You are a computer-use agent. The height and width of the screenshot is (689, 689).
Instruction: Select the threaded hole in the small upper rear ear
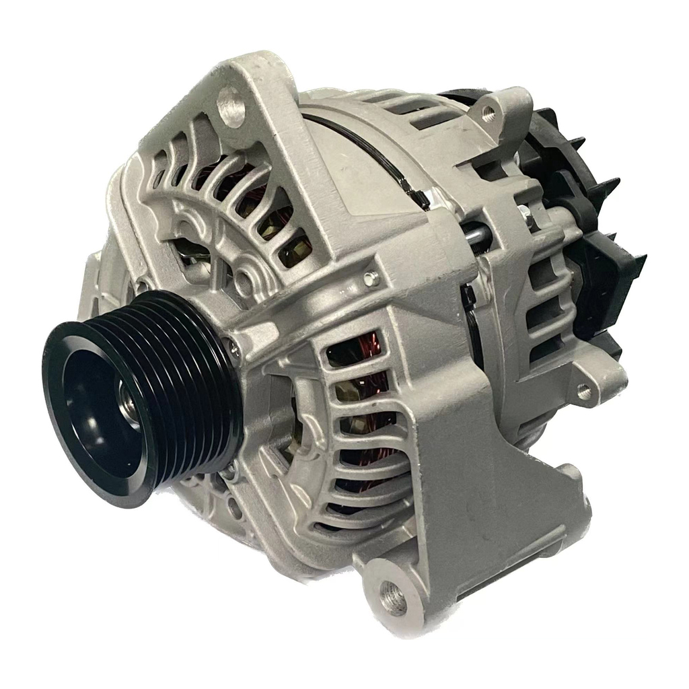coord(489,115)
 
